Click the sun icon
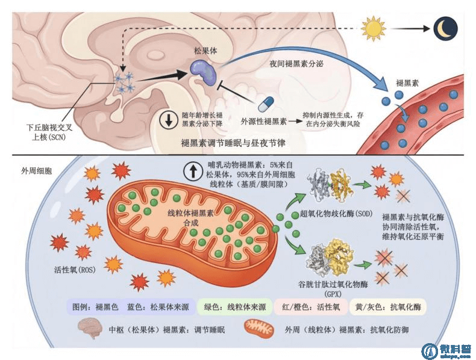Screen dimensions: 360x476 pos(373,28)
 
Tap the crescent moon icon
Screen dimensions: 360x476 pos(446,28)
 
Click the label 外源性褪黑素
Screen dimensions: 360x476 pos(263,121)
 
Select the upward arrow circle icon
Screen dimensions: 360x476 pos(193,172)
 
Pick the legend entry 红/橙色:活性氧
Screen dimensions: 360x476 pos(312,306)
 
